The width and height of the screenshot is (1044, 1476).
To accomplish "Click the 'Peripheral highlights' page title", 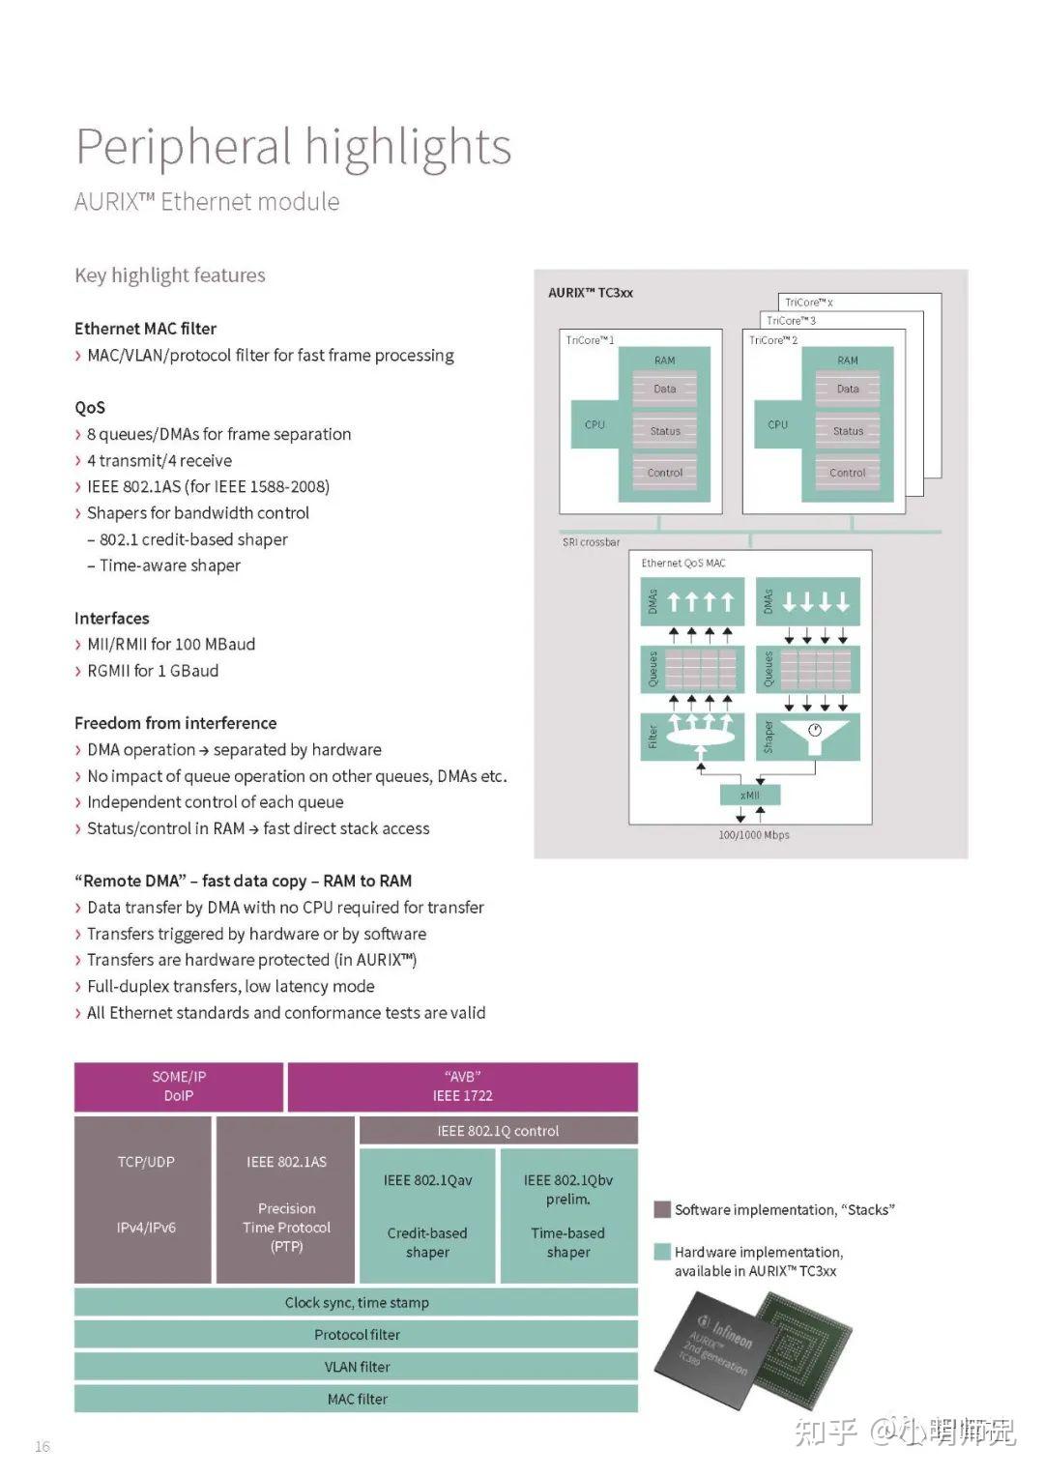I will tap(293, 147).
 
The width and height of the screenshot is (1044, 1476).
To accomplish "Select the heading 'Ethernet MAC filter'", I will tap(146, 329).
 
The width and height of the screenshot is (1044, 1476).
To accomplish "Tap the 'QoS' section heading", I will tap(90, 408).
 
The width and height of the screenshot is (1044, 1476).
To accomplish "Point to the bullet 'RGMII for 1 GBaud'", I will tap(152, 671).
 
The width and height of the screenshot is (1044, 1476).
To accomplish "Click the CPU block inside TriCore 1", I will tap(594, 424).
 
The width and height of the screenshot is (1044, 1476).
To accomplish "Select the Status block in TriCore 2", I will tap(848, 431).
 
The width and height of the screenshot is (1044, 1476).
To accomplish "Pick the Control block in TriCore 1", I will tap(665, 473).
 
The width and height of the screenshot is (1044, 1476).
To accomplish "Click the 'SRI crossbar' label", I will tap(592, 542).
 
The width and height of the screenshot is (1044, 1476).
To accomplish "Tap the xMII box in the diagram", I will tap(750, 795).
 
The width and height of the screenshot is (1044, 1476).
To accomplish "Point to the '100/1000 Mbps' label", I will tap(754, 835).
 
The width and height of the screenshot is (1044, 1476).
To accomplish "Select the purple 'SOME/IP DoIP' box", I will tap(179, 1086).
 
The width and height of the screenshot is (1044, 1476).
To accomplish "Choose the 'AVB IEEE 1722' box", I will tap(462, 1086).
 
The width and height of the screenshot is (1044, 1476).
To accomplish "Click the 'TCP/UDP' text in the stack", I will tap(146, 1162).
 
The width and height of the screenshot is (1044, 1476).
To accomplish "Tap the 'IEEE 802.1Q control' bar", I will tap(498, 1131).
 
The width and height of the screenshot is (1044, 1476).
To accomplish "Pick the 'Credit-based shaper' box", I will tap(427, 1242).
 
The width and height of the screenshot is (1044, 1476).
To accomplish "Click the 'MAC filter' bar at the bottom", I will tap(357, 1399).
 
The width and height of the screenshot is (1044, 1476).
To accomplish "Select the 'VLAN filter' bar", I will tap(357, 1367).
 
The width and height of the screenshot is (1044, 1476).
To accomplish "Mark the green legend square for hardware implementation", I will tap(662, 1252).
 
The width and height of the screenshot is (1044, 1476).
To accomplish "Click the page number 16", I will tap(43, 1446).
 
